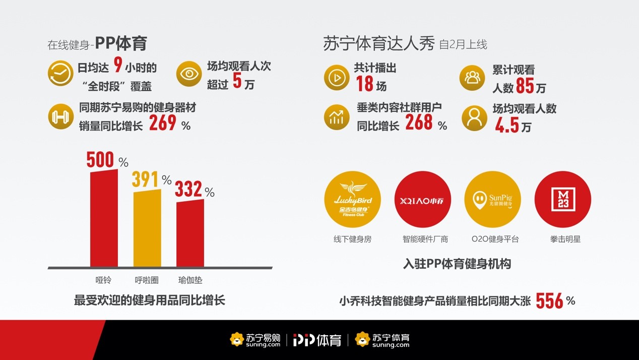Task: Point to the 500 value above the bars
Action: (100, 160)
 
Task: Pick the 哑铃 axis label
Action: (103, 280)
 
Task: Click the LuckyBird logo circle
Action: (352, 200)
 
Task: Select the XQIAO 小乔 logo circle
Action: (422, 200)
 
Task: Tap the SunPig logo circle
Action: (492, 200)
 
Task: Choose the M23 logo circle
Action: (562, 200)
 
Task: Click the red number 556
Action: (549, 301)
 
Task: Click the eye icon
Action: (189, 75)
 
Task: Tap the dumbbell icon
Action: (60, 116)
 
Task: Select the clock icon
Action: (60, 75)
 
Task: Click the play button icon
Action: (337, 78)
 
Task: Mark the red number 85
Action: (525, 87)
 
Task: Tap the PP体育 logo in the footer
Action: (317, 340)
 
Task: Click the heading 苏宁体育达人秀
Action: (378, 44)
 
